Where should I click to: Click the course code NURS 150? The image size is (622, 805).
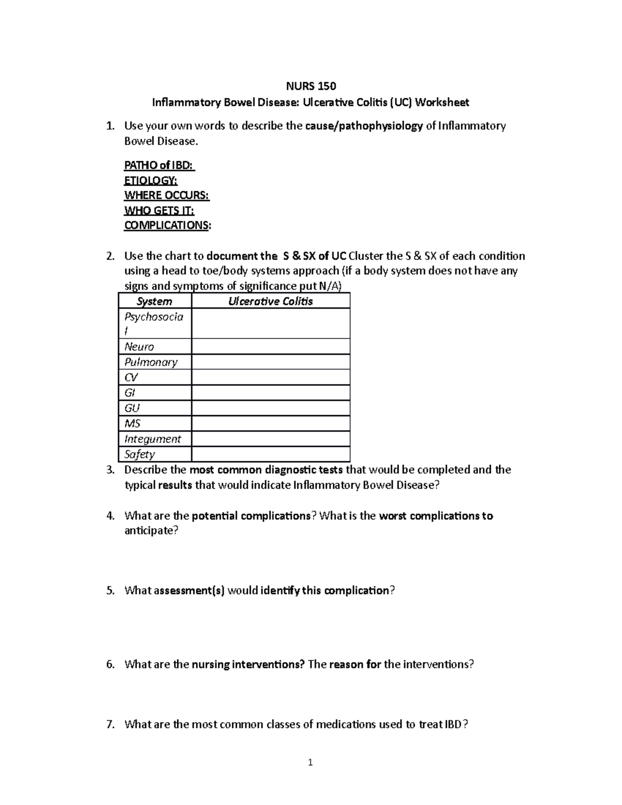[311, 86]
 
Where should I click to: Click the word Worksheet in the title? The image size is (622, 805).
[442, 103]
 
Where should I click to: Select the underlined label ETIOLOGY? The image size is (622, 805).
[150, 180]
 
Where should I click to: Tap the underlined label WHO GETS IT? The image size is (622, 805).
[159, 210]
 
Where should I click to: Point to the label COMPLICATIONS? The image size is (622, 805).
[167, 225]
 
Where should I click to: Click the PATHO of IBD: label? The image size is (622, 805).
[159, 165]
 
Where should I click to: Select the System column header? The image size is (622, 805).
[154, 301]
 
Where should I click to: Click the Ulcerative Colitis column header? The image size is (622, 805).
[271, 301]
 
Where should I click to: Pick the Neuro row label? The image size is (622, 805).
[139, 347]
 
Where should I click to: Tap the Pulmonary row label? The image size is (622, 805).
[151, 362]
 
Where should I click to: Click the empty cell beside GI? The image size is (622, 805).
[271, 393]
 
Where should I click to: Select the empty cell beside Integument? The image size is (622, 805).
[271, 439]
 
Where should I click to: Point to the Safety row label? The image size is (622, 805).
[139, 455]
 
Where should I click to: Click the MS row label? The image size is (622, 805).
[133, 423]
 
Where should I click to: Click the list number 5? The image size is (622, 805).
[110, 590]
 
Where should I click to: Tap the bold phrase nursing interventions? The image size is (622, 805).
[248, 665]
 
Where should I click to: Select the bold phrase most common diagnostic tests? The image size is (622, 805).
[266, 470]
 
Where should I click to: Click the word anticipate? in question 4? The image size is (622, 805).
[151, 531]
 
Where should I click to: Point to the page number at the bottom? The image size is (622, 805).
[310, 762]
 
